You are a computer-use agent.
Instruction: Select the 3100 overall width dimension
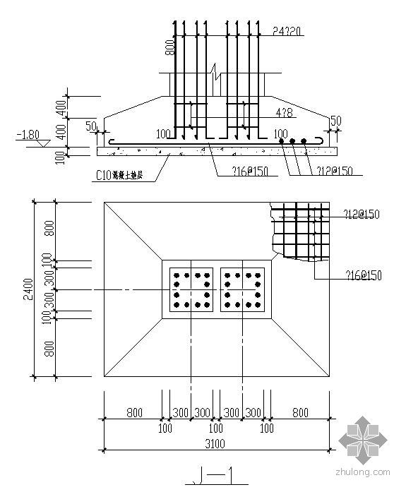click(216, 443)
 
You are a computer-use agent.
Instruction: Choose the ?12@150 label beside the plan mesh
click(363, 215)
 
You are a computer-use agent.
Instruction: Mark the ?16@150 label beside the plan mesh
click(363, 275)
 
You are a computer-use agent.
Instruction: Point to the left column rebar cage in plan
click(191, 290)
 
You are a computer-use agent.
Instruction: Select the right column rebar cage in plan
click(242, 290)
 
